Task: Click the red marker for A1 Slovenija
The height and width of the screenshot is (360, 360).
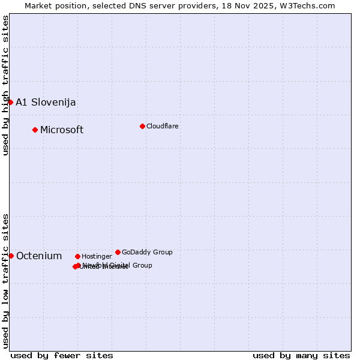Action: [x=10, y=102]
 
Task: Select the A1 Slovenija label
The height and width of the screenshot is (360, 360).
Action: [x=46, y=102]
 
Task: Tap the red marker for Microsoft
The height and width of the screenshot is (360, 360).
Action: [x=35, y=130]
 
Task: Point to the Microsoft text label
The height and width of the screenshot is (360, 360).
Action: [x=62, y=130]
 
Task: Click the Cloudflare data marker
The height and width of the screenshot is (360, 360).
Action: [x=142, y=126]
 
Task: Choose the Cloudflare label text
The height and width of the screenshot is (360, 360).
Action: [x=163, y=126]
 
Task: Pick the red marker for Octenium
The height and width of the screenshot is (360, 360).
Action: [x=11, y=256]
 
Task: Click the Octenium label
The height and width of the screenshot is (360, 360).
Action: [x=39, y=256]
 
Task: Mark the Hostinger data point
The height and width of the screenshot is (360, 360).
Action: [x=77, y=256]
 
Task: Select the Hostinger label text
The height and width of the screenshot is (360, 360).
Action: [x=97, y=256]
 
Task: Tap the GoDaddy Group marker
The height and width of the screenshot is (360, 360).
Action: [x=118, y=252]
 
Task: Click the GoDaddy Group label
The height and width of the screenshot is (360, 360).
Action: [x=147, y=252]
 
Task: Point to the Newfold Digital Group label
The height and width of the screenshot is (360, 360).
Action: [x=118, y=265]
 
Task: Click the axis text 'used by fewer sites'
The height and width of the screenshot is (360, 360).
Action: [x=62, y=355]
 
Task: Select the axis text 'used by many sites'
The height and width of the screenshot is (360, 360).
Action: [x=301, y=355]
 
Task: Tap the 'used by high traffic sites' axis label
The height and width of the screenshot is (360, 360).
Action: [x=5, y=85]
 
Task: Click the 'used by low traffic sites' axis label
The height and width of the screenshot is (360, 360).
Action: [x=5, y=280]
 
